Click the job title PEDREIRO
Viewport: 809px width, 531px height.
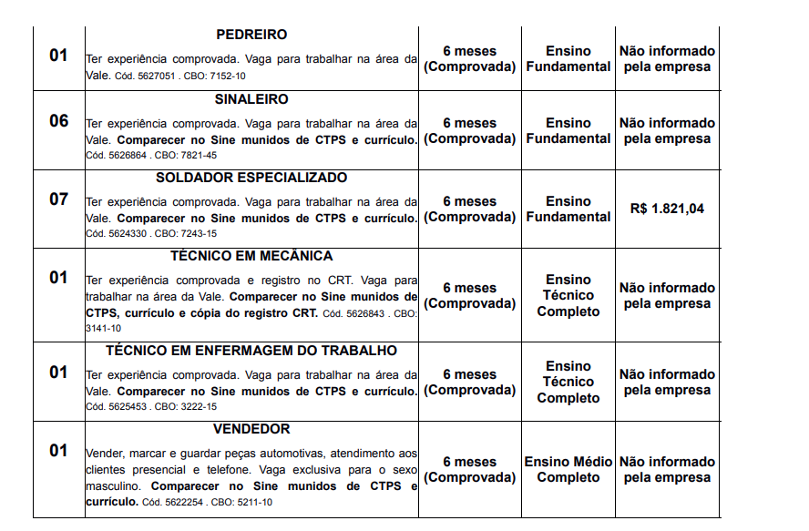coord(251,35)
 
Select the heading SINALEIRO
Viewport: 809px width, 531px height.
coord(251,99)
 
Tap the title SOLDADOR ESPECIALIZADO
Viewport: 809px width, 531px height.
coord(251,178)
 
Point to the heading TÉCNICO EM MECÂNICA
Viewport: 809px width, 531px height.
coord(251,256)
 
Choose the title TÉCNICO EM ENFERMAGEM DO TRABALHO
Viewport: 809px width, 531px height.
coord(251,351)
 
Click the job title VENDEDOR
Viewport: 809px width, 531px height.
coord(251,429)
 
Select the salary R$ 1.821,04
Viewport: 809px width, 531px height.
coord(667,209)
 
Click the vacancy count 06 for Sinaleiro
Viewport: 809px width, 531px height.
coord(58,120)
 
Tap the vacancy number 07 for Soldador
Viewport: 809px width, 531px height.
coord(58,199)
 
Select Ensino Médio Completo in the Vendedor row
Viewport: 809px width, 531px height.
coord(568,470)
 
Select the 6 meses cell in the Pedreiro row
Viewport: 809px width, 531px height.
coord(469,58)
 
